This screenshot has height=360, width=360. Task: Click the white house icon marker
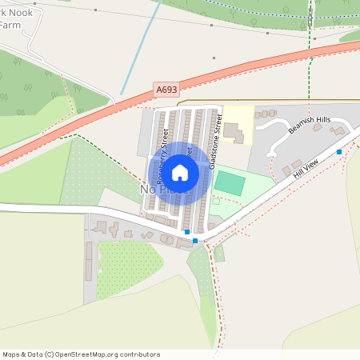(x=180, y=172)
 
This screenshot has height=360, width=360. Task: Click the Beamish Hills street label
(x=311, y=120)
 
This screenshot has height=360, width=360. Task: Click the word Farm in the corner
(x=9, y=26)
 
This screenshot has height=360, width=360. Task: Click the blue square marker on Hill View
(x=339, y=151)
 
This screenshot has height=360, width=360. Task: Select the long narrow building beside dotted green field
(x=89, y=261)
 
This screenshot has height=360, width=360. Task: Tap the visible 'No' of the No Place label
(x=147, y=190)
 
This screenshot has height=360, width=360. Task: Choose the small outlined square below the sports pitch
(x=215, y=201)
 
